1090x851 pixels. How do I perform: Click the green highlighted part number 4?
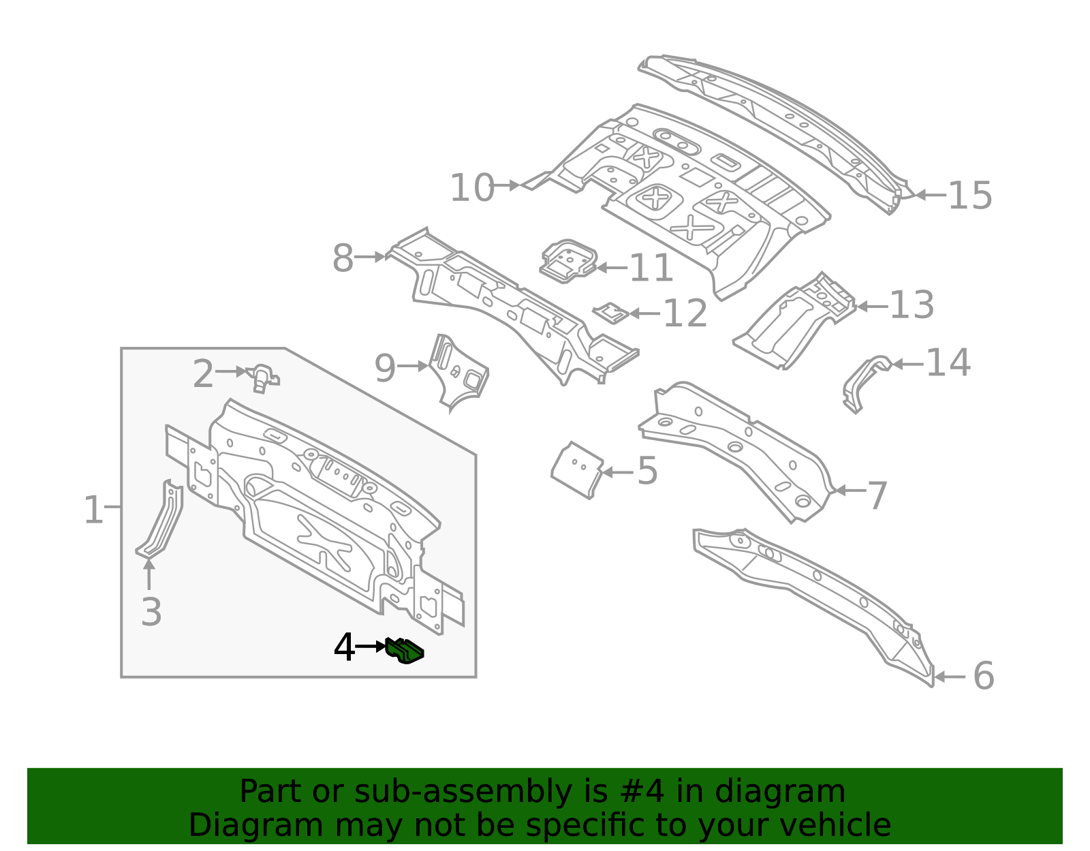(405, 650)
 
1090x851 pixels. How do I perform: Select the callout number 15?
(969, 196)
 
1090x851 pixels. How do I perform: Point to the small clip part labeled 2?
(263, 377)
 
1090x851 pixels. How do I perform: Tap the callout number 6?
(983, 676)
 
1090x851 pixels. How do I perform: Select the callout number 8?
(343, 258)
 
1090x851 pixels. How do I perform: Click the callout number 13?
(912, 305)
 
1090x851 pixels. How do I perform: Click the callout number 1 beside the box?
(93, 510)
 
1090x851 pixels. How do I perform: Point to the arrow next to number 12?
(644, 313)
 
